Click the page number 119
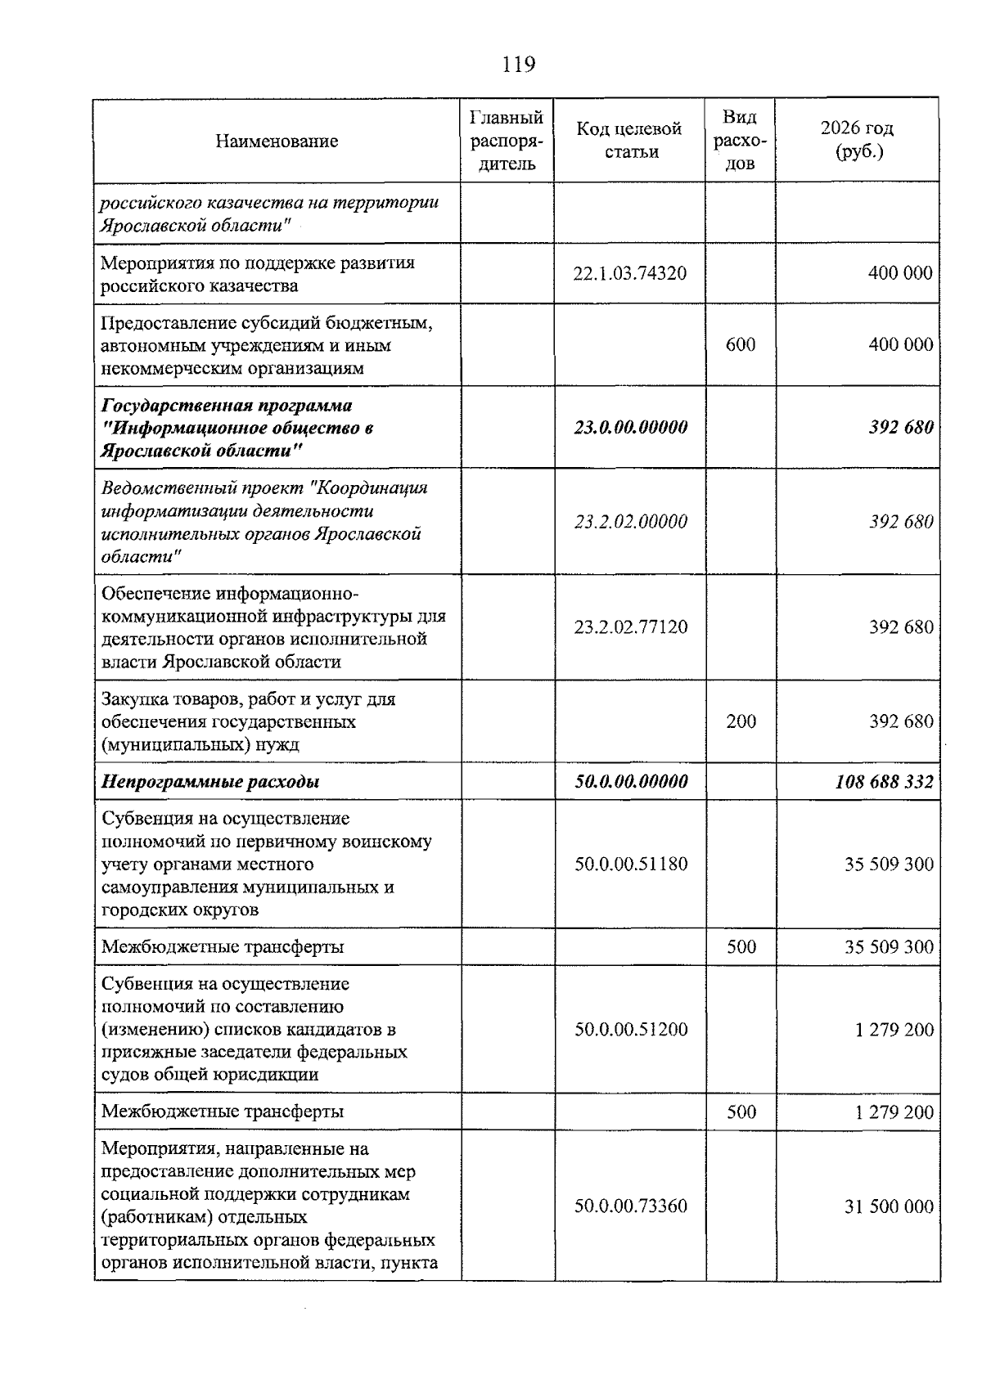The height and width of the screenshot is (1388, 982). pos(519,64)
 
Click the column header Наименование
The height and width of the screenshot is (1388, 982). pos(277,141)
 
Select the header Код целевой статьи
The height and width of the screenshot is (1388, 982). pos(629,140)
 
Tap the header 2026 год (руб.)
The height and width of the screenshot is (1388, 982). pos(857,140)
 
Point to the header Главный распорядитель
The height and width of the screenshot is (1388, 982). pos(507,141)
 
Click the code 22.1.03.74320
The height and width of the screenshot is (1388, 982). pos(629,274)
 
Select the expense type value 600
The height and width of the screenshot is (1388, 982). pos(741,345)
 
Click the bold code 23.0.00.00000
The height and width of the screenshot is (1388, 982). pos(629,427)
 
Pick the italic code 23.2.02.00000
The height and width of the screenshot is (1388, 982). pos(629,522)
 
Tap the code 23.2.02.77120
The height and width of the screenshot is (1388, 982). pos(629,627)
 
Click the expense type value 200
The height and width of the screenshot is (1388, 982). pos(741,721)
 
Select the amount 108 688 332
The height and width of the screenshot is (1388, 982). pos(884,781)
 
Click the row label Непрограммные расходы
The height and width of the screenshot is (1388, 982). pos(210,781)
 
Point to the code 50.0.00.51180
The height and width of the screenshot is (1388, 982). pos(629,864)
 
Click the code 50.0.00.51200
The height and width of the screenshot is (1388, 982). pos(629,1029)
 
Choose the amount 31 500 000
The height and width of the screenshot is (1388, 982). pos(889,1206)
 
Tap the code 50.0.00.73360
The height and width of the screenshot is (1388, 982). pos(629,1206)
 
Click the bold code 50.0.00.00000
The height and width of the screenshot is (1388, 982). pos(629,781)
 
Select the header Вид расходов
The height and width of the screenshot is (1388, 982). pos(741,141)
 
